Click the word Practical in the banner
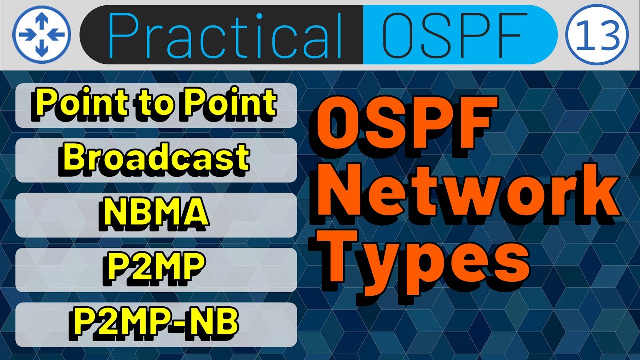225,34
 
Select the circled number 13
596,34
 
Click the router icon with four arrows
42,34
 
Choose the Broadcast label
156,158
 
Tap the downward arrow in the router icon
42,48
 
